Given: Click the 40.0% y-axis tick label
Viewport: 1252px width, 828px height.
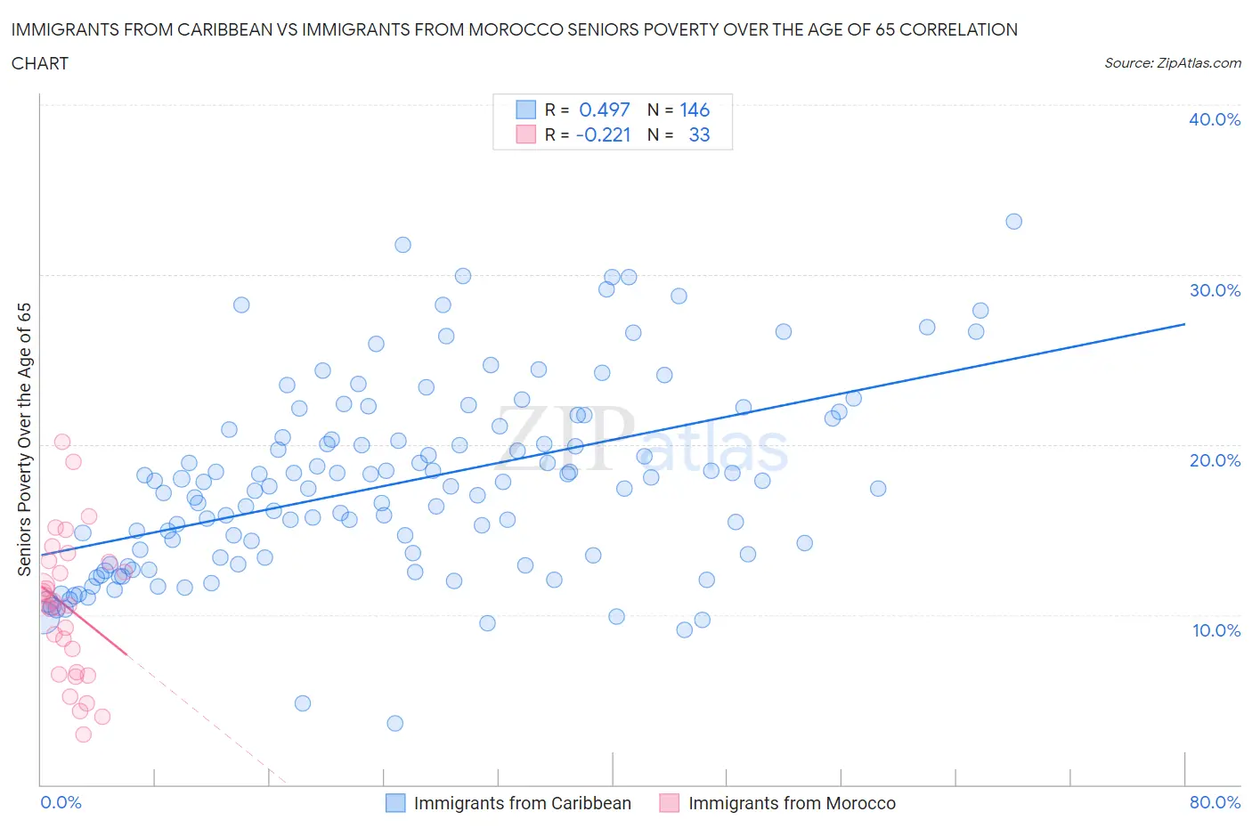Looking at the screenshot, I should coord(1214,119).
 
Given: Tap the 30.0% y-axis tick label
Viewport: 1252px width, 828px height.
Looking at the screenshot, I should coord(1214,290).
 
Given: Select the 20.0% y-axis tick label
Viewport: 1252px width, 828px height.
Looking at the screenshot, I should coord(1214,460).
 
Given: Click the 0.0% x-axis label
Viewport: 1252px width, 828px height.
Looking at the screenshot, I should coord(61,802).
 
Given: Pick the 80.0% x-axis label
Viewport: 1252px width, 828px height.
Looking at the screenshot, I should coord(1215,802).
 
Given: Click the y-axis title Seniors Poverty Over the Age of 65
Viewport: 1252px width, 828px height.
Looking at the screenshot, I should coord(25,439).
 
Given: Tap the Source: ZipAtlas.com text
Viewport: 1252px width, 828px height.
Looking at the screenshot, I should coord(1172,62).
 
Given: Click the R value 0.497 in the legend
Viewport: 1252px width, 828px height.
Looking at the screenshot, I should coord(604,110).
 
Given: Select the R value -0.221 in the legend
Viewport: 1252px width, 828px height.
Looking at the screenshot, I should coord(603,134).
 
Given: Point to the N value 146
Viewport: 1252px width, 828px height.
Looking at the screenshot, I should coord(695,110).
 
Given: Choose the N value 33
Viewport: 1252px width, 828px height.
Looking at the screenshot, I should coord(699,134).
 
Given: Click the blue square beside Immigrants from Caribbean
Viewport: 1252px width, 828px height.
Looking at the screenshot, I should coord(395,803).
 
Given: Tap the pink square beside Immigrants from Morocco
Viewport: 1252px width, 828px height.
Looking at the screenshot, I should coord(670,803).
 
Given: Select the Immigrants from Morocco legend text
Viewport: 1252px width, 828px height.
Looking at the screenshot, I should coord(792,803).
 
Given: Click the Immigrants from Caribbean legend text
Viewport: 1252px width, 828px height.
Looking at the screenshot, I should coord(522,803).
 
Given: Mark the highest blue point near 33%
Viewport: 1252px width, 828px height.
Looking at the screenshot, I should coord(1013,222).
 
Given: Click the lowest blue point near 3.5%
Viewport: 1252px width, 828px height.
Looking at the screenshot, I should coord(395,723).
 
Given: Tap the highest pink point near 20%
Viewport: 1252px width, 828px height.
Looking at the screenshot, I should coord(62,442).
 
